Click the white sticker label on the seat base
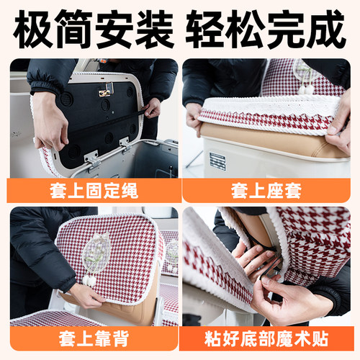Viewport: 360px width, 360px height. (x=217, y=161)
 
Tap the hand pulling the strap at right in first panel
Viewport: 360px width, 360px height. (x=153, y=107)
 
